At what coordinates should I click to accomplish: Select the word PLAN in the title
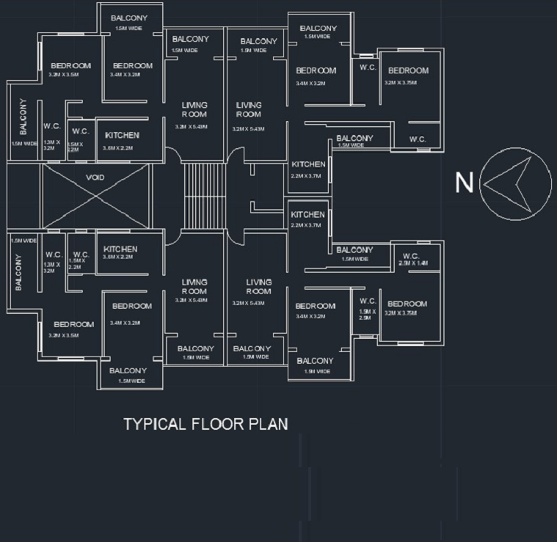coord(268,424)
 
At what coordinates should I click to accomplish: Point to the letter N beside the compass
coord(464,183)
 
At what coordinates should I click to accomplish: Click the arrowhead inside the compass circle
coord(506,183)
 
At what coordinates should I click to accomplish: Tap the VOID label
coord(95,177)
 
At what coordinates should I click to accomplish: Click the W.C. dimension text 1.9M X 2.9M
coord(368,315)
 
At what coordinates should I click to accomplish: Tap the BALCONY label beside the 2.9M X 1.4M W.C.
coord(354,250)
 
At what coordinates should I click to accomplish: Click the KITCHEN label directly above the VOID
coord(122,136)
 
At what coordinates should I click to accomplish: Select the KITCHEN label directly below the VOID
coord(120,249)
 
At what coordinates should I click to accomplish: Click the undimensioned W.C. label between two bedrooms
coord(368,67)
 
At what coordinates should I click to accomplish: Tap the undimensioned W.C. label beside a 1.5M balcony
coord(418,139)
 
